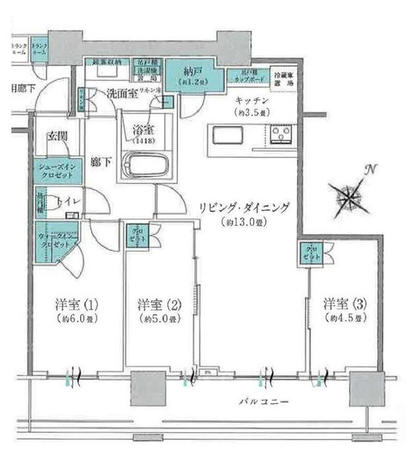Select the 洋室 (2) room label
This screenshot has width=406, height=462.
(x=156, y=304)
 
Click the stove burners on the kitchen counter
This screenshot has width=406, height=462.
(x=280, y=136)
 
